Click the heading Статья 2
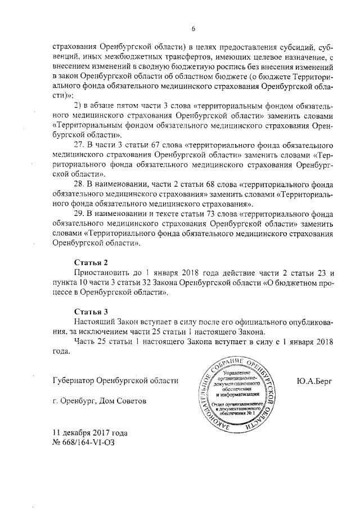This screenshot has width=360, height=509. click(91, 263)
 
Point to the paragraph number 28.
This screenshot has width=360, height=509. click(79, 184)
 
